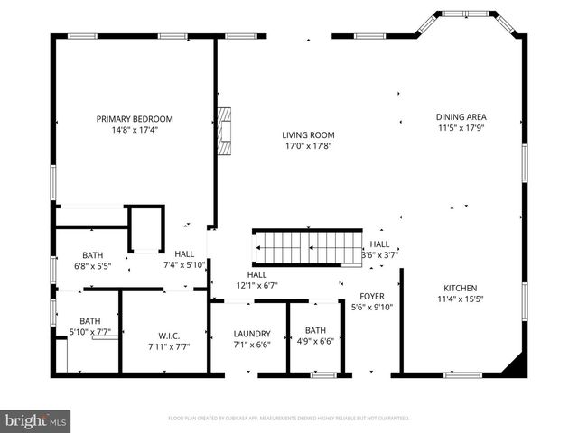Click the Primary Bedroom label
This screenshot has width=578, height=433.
pos(135,119)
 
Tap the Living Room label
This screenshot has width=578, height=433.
pos(309,135)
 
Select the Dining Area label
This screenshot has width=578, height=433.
pos(461,116)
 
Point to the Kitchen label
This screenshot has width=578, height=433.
pos(461,287)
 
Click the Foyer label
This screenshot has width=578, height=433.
pos(372,296)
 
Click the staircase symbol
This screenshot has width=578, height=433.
pos(307,246)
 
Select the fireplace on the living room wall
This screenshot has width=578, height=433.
pos(224,120)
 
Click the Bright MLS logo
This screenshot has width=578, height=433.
pos(36,420)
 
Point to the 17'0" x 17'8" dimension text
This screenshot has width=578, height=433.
pos(309,146)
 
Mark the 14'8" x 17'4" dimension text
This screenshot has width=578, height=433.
pos(135,130)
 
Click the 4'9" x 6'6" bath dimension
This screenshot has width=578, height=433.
pos(315,341)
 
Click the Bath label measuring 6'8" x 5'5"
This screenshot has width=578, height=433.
pos(93,255)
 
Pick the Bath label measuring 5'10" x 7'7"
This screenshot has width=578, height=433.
pos(89,320)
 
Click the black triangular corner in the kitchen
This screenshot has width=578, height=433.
pos(515,364)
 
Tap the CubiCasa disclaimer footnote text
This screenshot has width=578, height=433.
pos(289,419)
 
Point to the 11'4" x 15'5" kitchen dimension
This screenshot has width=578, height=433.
pos(461,299)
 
